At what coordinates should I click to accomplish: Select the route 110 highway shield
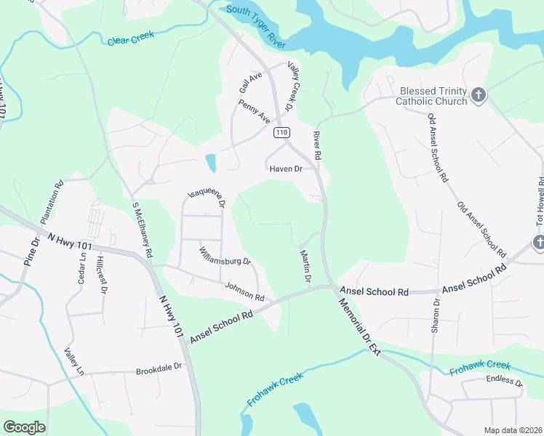tap(282, 133)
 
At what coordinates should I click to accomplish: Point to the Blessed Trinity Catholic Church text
tap(431, 97)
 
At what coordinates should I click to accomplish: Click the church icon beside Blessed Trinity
tap(478, 95)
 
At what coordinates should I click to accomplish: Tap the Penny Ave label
tap(254, 110)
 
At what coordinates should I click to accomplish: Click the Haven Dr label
tap(286, 169)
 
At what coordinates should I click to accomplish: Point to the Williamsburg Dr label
tap(225, 256)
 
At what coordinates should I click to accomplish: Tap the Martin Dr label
tap(305, 266)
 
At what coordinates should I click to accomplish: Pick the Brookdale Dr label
tap(158, 371)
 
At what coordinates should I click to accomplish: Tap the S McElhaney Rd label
tap(142, 229)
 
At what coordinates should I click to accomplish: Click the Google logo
tap(24, 427)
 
